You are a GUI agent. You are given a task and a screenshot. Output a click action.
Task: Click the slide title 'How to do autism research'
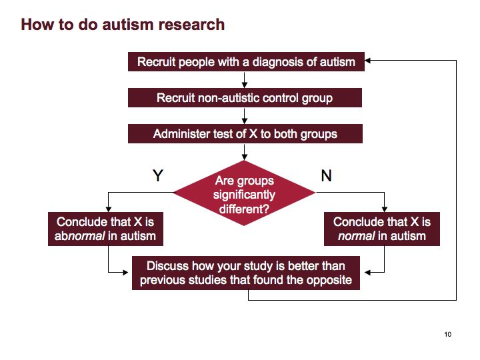click(x=123, y=25)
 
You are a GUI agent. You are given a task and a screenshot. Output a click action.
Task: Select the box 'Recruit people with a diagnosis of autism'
click(x=246, y=61)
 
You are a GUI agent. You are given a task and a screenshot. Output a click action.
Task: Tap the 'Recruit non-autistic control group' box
click(x=245, y=97)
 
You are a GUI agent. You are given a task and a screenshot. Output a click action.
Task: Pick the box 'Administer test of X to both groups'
click(x=245, y=133)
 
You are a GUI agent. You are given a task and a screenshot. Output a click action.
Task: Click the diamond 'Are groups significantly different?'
click(x=244, y=193)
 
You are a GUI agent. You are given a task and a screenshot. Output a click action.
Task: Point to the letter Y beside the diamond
click(x=158, y=175)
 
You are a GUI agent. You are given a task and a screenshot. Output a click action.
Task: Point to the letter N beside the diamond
click(x=326, y=176)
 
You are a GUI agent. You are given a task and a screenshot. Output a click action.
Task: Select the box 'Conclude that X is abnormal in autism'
click(x=105, y=229)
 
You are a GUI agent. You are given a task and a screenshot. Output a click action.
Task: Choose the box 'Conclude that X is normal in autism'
click(x=382, y=229)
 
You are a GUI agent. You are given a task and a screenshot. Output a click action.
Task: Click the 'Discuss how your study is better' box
click(x=246, y=273)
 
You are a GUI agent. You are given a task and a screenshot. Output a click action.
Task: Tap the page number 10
click(x=448, y=334)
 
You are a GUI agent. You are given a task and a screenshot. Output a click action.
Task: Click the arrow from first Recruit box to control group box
click(x=244, y=80)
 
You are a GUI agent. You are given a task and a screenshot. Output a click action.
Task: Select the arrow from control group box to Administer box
click(x=244, y=116)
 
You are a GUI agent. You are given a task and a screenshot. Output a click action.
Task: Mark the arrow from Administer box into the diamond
click(x=244, y=152)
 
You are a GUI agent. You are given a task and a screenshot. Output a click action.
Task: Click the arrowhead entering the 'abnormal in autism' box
click(x=109, y=209)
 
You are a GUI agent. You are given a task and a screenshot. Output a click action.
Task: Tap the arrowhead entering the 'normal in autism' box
click(x=385, y=209)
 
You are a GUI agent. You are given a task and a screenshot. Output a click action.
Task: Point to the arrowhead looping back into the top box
click(x=367, y=60)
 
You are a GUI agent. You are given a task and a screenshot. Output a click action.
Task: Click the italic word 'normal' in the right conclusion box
click(x=356, y=236)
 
